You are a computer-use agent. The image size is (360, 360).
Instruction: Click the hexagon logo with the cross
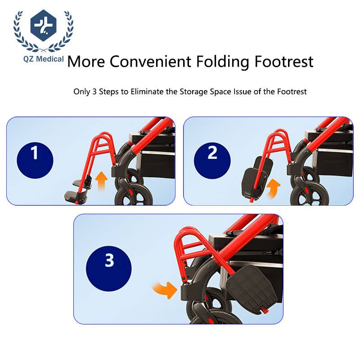[x=43, y=25]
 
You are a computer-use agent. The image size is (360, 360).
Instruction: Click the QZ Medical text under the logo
[x=43, y=59]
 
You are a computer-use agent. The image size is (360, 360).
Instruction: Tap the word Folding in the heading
[x=222, y=62]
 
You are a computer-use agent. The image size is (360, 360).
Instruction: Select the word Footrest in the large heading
[x=284, y=62]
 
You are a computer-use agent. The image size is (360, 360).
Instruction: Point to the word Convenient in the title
[x=150, y=62]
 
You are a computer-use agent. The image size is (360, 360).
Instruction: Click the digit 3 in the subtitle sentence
[x=94, y=91]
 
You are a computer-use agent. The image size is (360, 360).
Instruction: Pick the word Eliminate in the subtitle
[x=148, y=91]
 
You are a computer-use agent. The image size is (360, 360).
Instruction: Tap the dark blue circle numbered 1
[x=35, y=160]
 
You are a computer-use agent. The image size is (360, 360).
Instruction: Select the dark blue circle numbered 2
[x=212, y=161]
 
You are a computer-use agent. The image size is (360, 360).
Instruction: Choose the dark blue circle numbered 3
[x=109, y=269]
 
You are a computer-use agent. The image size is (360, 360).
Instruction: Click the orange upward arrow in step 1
[x=101, y=181]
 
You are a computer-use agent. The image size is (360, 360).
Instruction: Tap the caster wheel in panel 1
[x=134, y=195]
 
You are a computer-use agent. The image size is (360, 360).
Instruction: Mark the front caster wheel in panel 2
[x=310, y=194]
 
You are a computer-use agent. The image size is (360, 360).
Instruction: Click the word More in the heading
[x=86, y=62]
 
